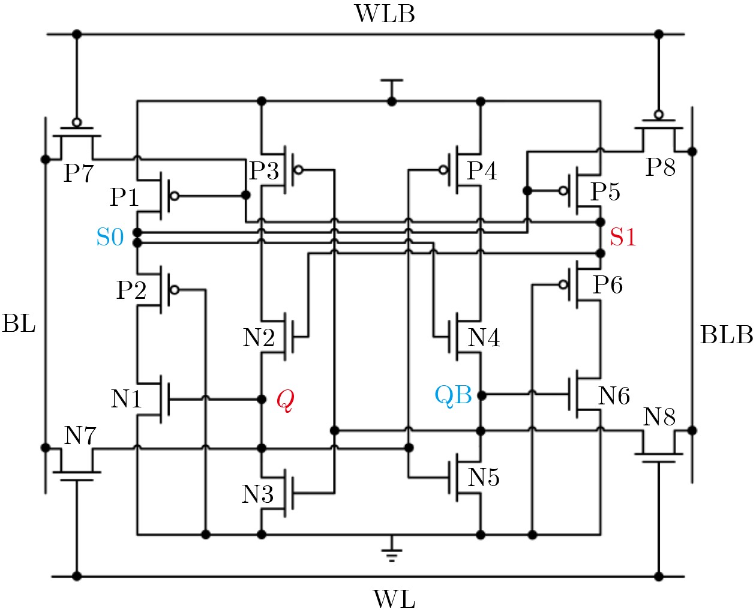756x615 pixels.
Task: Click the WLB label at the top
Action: pos(385,14)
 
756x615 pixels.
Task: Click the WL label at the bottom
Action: pos(394,599)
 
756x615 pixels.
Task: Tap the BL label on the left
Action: pos(19,324)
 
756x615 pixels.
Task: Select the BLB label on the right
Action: pos(726,335)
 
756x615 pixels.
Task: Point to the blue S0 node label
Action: pos(110,238)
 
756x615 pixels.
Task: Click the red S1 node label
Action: pos(622,238)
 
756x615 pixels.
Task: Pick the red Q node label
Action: pos(285,401)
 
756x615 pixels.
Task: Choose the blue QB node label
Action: pos(453,395)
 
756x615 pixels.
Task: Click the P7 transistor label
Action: pos(79,173)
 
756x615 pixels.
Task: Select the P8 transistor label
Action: pos(660,167)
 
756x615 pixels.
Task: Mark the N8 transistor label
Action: pos(659,416)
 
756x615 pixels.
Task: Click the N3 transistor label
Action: pos(257,494)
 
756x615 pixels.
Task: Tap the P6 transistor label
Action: pos(607,285)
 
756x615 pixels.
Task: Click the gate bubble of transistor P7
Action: pos(76,122)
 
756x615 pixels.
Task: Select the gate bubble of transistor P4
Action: pos(443,170)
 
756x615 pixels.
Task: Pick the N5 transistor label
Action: pos(484,478)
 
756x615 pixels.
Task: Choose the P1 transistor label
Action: pos(124,197)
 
